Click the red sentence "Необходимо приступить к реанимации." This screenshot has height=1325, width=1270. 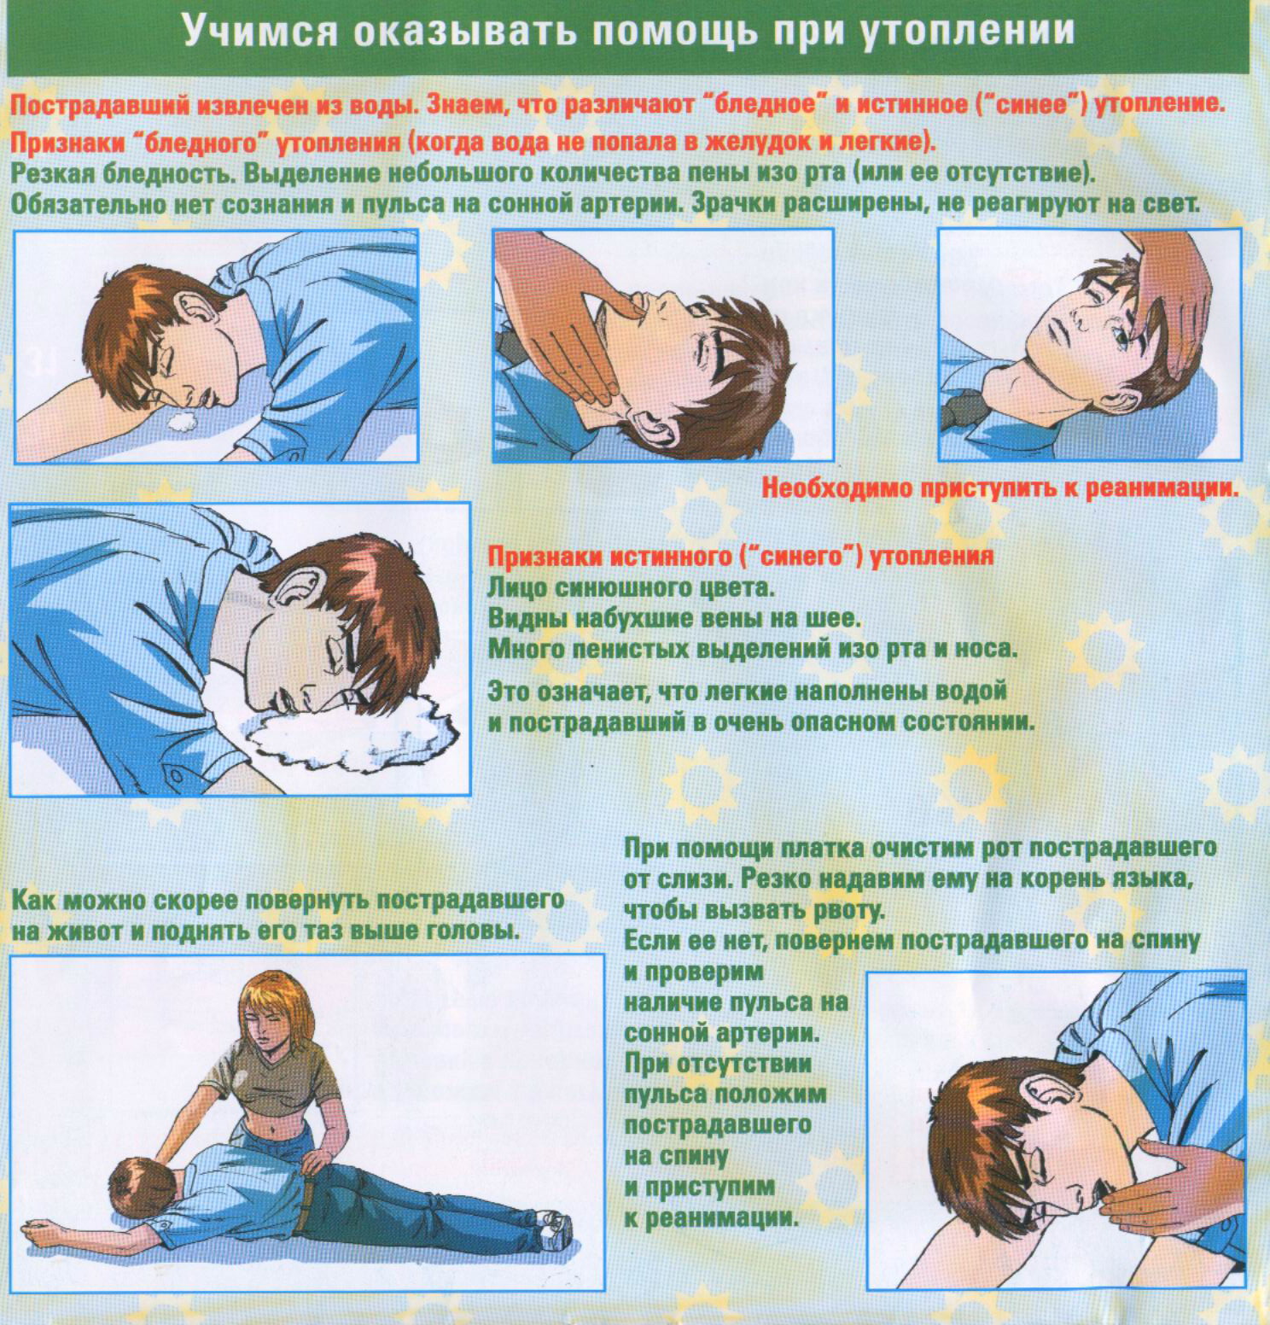tap(999, 489)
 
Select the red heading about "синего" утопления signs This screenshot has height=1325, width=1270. tap(740, 557)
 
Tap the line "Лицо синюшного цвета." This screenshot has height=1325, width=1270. tap(632, 588)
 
